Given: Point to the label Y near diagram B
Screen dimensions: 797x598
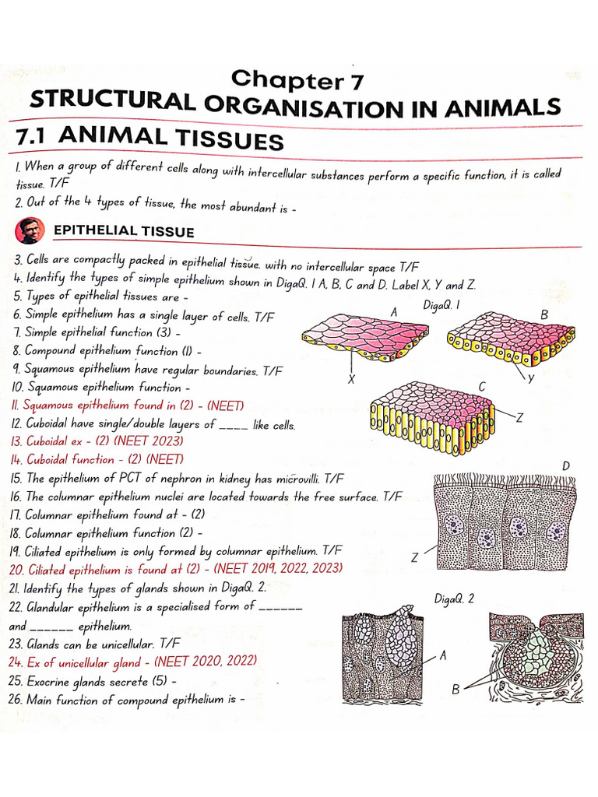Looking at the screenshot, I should tap(530, 378).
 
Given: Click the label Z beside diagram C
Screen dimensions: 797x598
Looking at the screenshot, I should tap(519, 417).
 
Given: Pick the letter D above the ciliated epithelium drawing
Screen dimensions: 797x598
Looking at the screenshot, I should tap(567, 465).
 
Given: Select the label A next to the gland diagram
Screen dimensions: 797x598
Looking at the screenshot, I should tap(443, 656).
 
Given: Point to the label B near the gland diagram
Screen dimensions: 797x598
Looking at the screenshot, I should tap(456, 690).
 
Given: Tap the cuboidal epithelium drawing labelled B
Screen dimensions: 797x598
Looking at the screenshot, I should tap(512, 339).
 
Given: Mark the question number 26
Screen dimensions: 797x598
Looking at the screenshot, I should tap(17, 700).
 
